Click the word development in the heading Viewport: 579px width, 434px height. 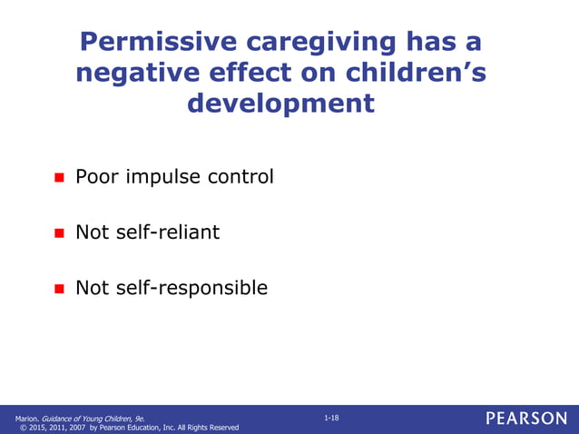pos(280,104)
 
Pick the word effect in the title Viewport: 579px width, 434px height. pos(246,73)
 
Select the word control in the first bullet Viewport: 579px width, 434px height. pos(240,176)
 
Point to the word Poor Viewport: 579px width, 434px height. pos(96,176)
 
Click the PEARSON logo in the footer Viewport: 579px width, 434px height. pos(525,418)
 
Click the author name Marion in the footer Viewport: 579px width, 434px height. pos(26,418)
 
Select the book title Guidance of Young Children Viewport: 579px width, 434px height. pos(87,418)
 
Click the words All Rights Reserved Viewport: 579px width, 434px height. pos(205,428)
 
